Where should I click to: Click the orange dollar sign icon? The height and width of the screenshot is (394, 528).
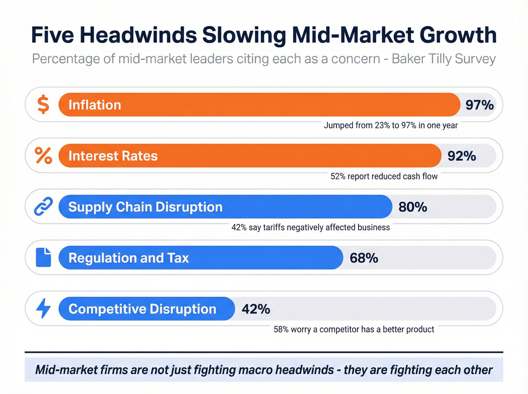click(43, 105)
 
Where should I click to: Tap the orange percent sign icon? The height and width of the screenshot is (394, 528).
click(43, 156)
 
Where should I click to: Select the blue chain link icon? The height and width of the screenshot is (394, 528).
click(43, 207)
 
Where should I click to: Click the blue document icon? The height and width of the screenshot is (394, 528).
click(43, 258)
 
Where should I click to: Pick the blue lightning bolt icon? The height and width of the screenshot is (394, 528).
click(43, 308)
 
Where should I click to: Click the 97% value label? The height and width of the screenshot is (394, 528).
click(479, 105)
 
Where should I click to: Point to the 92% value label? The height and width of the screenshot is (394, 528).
click(462, 156)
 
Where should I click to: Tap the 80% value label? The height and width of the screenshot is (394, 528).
click(413, 207)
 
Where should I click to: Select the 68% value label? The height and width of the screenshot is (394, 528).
click(364, 258)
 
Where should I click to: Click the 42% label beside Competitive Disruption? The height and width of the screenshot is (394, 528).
click(256, 309)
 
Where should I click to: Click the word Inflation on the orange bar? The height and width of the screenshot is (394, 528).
click(95, 105)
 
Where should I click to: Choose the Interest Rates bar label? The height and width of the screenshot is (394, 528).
click(113, 156)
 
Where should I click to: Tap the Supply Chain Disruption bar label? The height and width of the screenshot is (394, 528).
click(145, 207)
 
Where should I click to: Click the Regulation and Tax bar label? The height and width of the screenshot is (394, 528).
click(128, 258)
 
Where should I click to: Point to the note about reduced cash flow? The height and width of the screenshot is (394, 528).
click(384, 176)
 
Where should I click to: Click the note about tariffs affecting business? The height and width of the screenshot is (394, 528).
click(310, 227)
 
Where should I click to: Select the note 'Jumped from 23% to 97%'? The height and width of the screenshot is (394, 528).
click(390, 126)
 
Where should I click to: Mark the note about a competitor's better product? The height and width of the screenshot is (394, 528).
click(354, 330)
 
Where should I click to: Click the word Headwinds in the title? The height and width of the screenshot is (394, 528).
click(138, 35)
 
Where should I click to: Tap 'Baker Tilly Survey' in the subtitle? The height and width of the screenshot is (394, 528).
click(444, 59)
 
